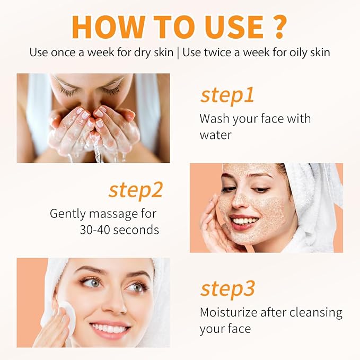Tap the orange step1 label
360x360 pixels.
coord(227,95)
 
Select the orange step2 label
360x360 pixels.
coord(135,190)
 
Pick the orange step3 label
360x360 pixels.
coord(227,289)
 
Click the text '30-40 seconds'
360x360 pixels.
coord(116,230)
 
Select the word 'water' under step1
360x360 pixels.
coord(215,135)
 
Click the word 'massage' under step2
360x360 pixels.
coord(103,214)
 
